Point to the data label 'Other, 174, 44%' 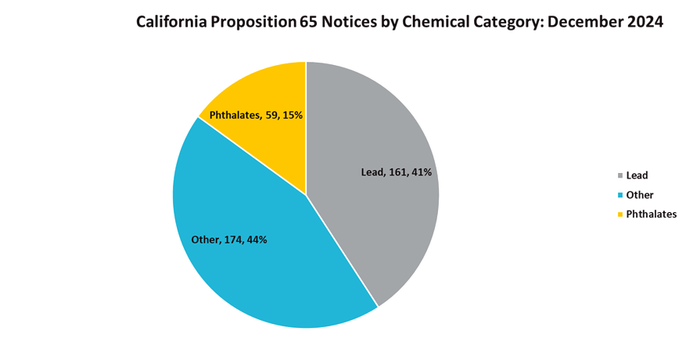pyautogui.click(x=229, y=239)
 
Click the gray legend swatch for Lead pyautogui.click(x=620, y=175)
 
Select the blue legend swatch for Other pyautogui.click(x=620, y=195)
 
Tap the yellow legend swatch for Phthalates pyautogui.click(x=620, y=214)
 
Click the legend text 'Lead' pyautogui.click(x=637, y=175)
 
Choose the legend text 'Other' pyautogui.click(x=640, y=195)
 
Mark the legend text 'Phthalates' pyautogui.click(x=652, y=214)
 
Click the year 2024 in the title pyautogui.click(x=644, y=22)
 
